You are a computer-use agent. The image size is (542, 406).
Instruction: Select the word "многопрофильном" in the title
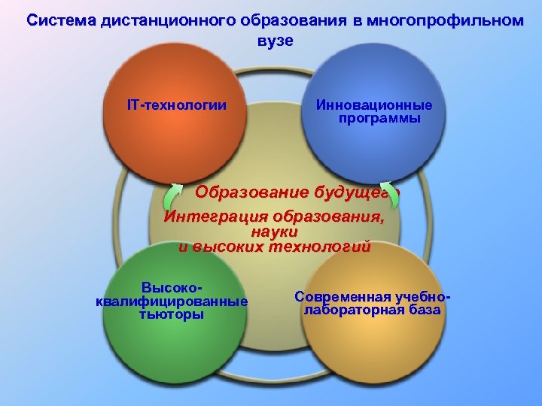454,21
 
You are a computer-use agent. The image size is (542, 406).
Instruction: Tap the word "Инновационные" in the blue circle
374,105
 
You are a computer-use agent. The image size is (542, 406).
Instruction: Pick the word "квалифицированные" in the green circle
172,301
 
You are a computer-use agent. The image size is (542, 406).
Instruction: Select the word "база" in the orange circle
426,310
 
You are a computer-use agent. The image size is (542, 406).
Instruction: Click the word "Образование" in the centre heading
242,191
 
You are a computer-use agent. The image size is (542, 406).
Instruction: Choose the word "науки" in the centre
274,232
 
